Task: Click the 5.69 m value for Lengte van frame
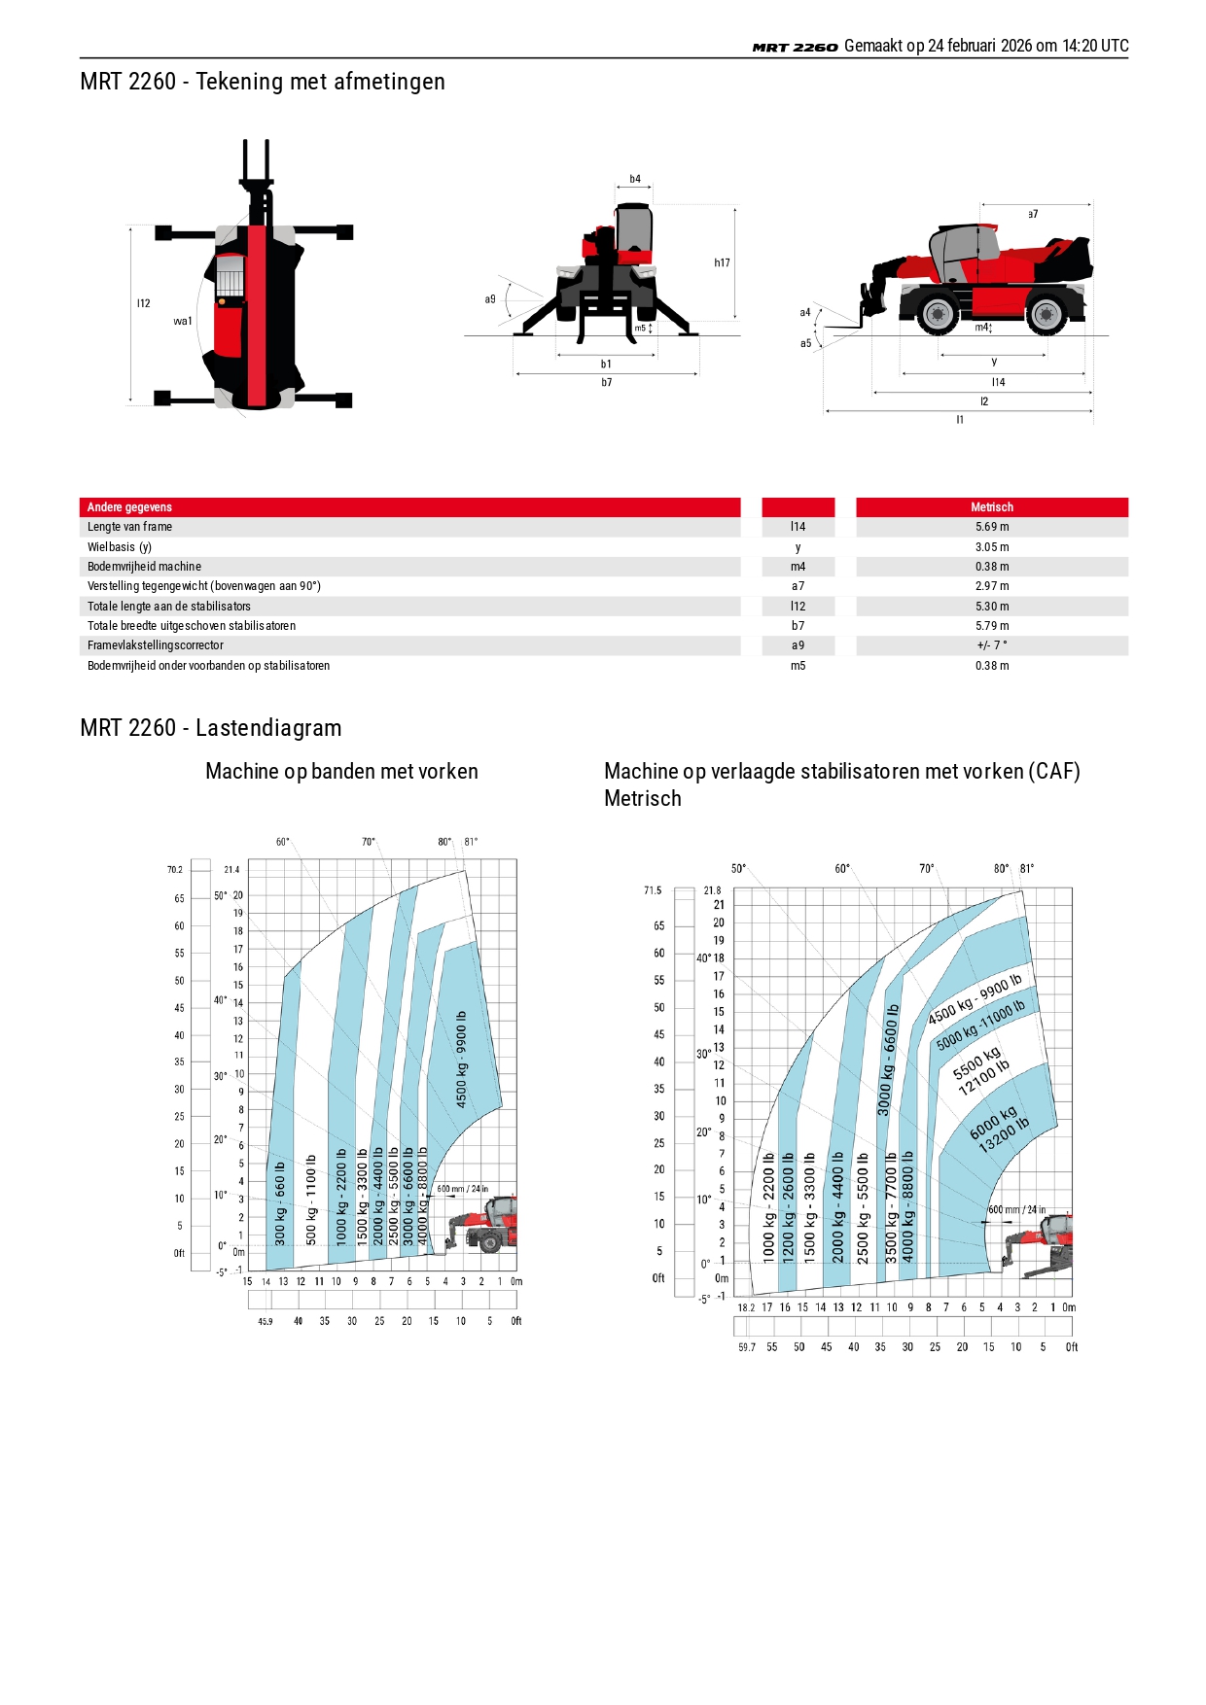(x=992, y=527)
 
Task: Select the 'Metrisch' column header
(x=992, y=507)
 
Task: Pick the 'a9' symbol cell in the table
(x=798, y=645)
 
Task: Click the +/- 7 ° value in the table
(x=992, y=645)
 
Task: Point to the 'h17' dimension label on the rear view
(x=722, y=263)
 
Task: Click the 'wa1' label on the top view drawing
(x=183, y=321)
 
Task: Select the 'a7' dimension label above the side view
(x=1033, y=214)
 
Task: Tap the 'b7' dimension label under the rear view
(x=607, y=383)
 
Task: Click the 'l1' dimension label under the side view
(x=960, y=420)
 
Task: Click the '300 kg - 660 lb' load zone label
(x=280, y=1203)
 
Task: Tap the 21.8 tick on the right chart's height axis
(x=713, y=890)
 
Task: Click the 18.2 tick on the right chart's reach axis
(x=746, y=1307)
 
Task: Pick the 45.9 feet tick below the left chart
(x=266, y=1322)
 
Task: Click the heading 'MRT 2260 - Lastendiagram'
(x=211, y=728)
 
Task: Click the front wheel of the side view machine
(x=938, y=314)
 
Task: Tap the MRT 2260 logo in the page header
(x=795, y=47)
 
